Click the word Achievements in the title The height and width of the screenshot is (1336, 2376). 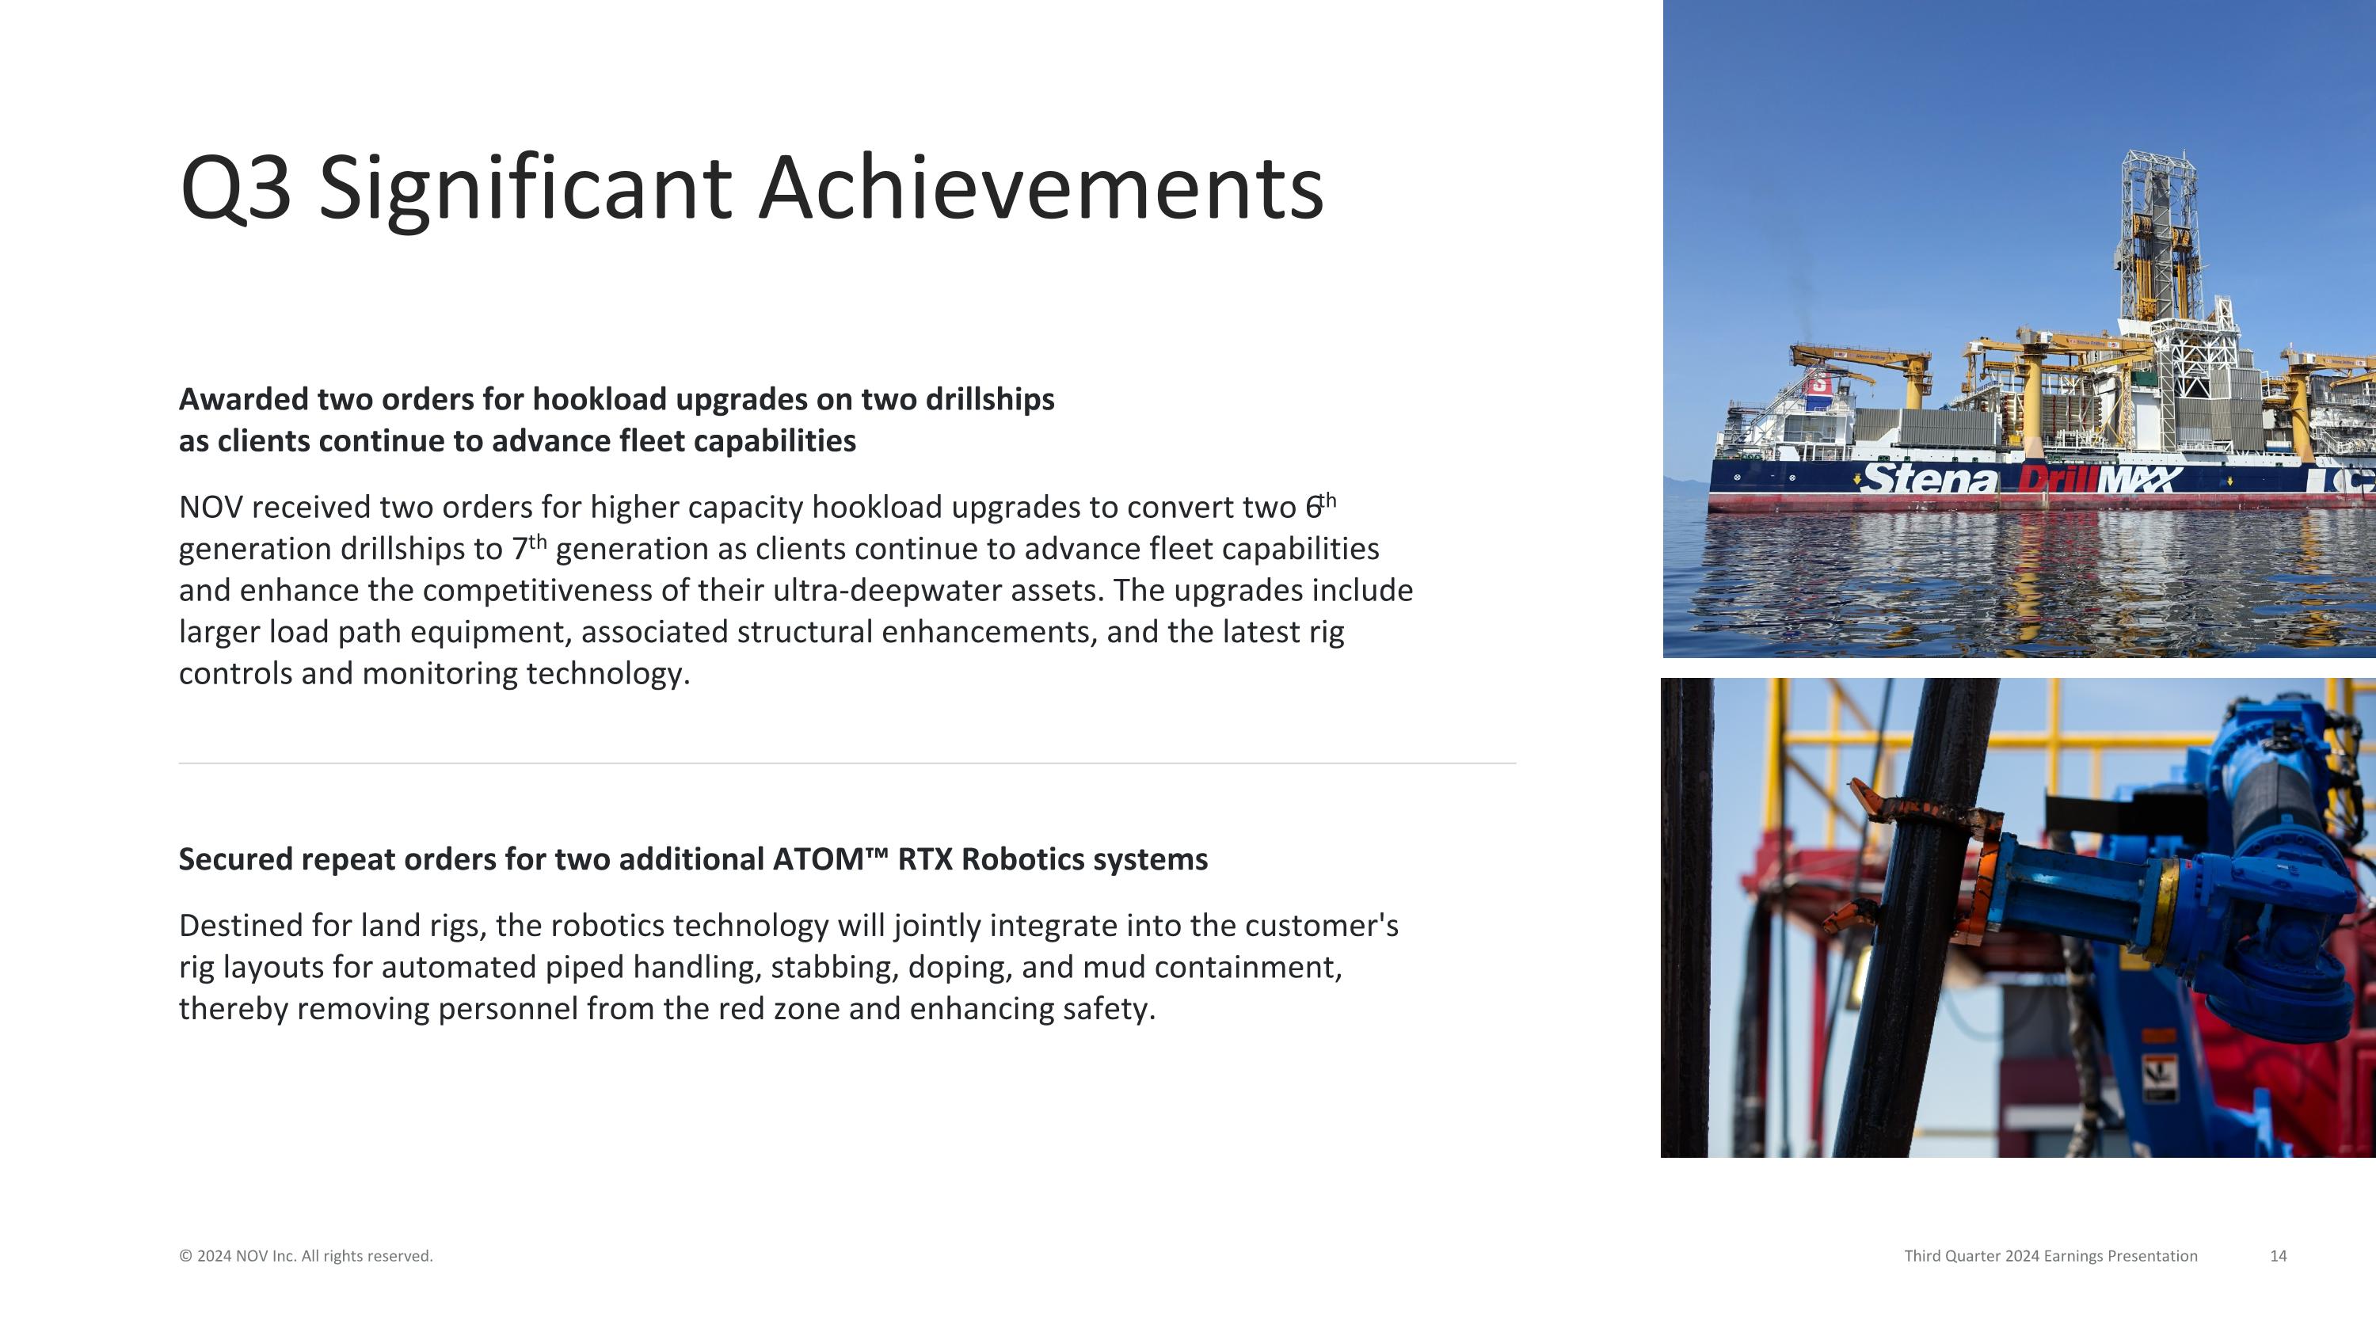click(1041, 189)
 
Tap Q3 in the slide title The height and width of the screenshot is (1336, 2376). click(236, 189)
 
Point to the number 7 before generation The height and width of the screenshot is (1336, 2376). click(520, 550)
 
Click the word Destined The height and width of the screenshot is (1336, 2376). click(240, 925)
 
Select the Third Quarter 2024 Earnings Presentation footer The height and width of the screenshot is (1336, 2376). click(2050, 1256)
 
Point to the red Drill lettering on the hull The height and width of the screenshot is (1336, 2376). click(2056, 479)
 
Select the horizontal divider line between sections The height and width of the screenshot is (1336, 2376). click(846, 763)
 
